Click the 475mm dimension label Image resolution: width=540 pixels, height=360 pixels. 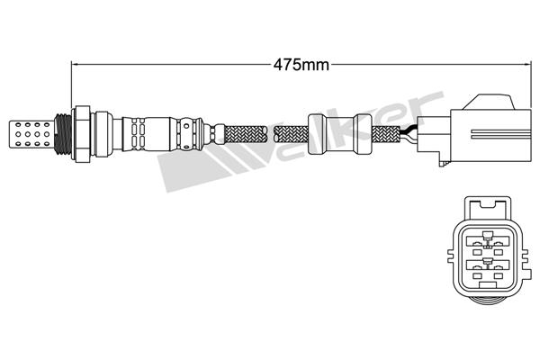click(301, 65)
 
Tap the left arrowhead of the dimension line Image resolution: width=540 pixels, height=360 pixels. click(74, 64)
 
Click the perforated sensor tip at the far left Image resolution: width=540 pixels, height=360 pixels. click(31, 134)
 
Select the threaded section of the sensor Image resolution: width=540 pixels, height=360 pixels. click(63, 134)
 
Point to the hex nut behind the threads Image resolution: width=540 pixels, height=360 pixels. click(81, 134)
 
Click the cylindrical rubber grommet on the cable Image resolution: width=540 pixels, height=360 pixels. click(340, 134)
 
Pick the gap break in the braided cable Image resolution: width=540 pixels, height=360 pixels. click(271, 134)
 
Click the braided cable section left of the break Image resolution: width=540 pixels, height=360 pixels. click(246, 134)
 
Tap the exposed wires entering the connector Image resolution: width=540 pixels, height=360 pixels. click(409, 134)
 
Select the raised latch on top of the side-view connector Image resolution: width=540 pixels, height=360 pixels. click(489, 102)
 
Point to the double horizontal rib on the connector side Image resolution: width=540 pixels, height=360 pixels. click(501, 134)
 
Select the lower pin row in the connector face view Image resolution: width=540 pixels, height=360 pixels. click(487, 268)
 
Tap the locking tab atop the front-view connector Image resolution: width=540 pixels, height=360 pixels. click(487, 208)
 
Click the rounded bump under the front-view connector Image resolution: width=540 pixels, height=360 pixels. click(487, 301)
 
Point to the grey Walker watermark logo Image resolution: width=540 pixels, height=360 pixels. click(301, 141)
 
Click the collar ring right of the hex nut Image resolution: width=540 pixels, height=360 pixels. click(103, 134)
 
